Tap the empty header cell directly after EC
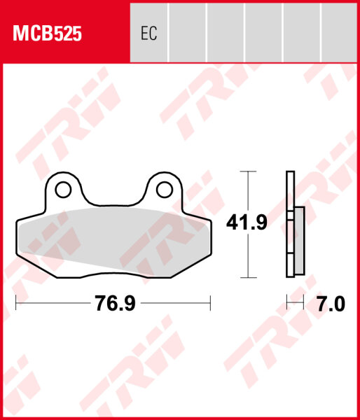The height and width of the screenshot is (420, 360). pos(187,31)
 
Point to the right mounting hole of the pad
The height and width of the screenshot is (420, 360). pos(164,189)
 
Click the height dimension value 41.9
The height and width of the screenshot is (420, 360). pos(245,223)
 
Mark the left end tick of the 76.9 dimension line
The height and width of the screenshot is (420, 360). pos(16,303)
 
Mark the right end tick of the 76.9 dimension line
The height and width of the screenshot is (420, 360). pos(210,303)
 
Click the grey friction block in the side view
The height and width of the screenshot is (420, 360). pos(299,240)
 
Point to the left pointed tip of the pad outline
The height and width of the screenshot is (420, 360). pos(16,224)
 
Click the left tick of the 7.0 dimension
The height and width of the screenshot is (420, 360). pos(287,303)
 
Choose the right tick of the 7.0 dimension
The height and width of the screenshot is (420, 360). pos(303,303)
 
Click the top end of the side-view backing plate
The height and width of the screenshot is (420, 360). pos(290,173)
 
